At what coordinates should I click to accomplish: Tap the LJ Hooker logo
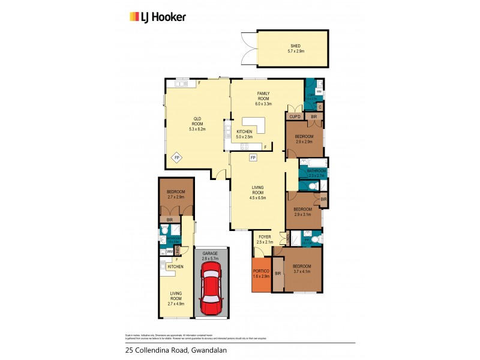click(x=158, y=17)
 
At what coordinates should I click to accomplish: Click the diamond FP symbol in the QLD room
click(x=177, y=158)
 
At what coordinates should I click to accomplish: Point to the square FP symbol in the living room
click(x=253, y=158)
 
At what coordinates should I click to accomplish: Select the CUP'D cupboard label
click(x=295, y=116)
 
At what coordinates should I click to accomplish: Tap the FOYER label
click(x=265, y=237)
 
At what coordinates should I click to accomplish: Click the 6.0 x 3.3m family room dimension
click(x=263, y=104)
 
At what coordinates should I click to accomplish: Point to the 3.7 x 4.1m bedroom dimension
click(x=302, y=272)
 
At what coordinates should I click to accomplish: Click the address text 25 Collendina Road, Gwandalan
click(x=169, y=349)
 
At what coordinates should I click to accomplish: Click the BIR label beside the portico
click(x=278, y=274)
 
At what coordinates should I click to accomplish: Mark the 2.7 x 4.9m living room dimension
click(x=175, y=304)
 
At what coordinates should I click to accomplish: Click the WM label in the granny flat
click(x=170, y=251)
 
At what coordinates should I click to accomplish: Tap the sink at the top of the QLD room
click(x=181, y=84)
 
